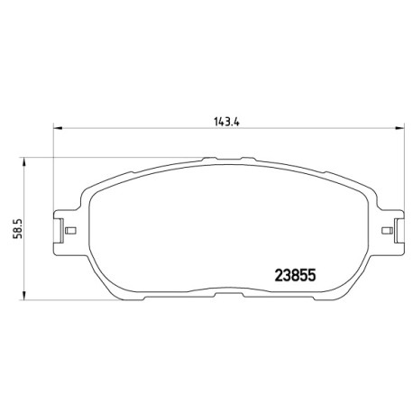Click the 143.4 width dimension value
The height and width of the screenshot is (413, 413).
(x=226, y=122)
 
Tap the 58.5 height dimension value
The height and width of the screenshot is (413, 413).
(x=18, y=228)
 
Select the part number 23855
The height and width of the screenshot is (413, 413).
(x=296, y=275)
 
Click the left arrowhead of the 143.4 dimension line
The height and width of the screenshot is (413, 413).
(x=58, y=128)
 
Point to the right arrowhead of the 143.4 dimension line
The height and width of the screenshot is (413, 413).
(x=399, y=128)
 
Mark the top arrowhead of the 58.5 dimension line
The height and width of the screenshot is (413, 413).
(x=23, y=161)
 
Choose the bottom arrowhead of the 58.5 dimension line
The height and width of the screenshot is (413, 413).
(x=23, y=295)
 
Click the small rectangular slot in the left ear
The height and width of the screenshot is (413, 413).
(x=70, y=231)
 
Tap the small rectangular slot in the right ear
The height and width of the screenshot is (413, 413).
(x=387, y=231)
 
